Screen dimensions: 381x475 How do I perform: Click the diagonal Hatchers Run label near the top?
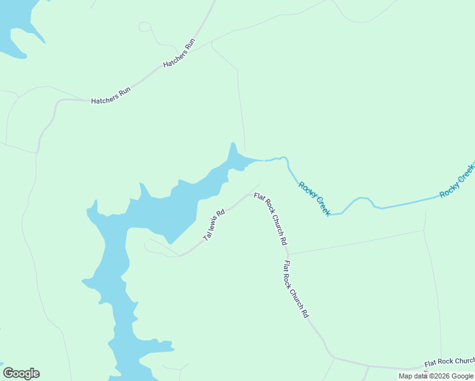(x=179, y=54)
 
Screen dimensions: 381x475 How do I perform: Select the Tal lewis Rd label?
(x=214, y=225)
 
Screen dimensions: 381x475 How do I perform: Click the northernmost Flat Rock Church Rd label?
(x=271, y=219)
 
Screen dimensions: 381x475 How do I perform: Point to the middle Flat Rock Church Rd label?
(x=296, y=289)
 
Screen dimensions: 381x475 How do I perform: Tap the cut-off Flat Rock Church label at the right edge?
(x=449, y=361)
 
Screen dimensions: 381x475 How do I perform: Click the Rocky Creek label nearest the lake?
(x=314, y=198)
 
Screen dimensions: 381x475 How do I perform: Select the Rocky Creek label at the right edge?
(x=457, y=180)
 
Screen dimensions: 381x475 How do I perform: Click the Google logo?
(x=21, y=373)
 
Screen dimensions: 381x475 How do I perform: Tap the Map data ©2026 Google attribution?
(x=436, y=376)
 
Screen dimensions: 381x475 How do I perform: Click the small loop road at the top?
(x=145, y=27)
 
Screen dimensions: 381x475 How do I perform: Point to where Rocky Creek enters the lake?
(x=261, y=160)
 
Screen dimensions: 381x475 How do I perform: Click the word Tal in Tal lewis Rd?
(x=206, y=236)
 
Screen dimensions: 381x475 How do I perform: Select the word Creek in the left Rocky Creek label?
(x=321, y=205)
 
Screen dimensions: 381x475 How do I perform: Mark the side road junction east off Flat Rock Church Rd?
(x=289, y=254)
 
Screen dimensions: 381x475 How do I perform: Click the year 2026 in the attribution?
(x=439, y=376)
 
